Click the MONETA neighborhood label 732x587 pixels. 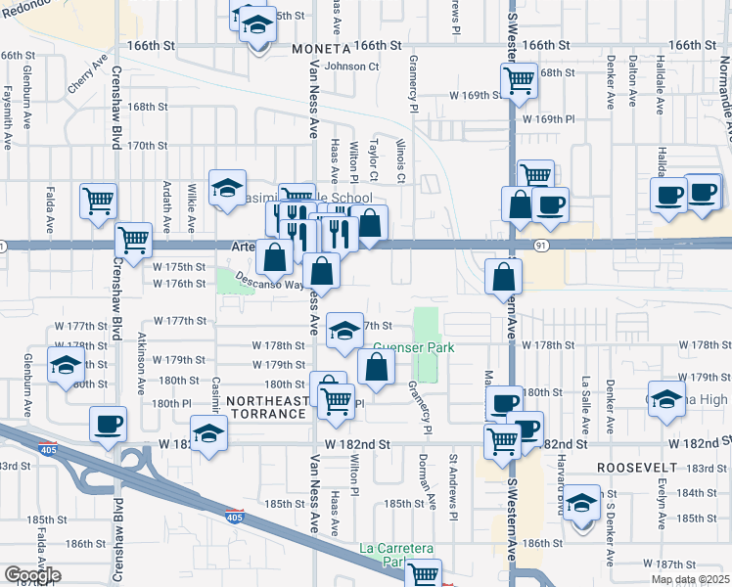click(x=321, y=48)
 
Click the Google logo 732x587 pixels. click(x=31, y=575)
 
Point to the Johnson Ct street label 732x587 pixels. click(x=351, y=67)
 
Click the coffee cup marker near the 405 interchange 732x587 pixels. click(x=108, y=425)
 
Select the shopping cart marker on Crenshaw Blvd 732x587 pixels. click(x=133, y=238)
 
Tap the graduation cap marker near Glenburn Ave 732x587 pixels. click(x=66, y=366)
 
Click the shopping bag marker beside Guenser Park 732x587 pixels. click(x=376, y=368)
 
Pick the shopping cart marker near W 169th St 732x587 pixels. click(x=519, y=80)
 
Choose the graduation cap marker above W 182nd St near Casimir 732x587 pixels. click(x=208, y=433)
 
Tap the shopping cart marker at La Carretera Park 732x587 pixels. click(x=424, y=575)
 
